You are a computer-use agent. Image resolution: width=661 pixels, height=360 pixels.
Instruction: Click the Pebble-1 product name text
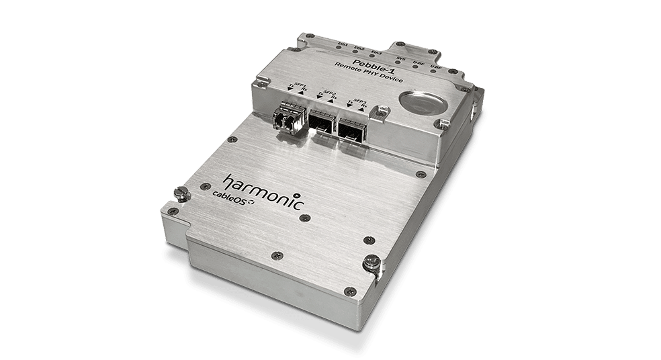(x=357, y=64)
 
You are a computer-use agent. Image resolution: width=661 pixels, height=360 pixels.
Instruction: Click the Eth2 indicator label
(x=360, y=48)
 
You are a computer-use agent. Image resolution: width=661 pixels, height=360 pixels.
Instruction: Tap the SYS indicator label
(x=400, y=59)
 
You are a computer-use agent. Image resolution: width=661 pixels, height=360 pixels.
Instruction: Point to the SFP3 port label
(x=357, y=99)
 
